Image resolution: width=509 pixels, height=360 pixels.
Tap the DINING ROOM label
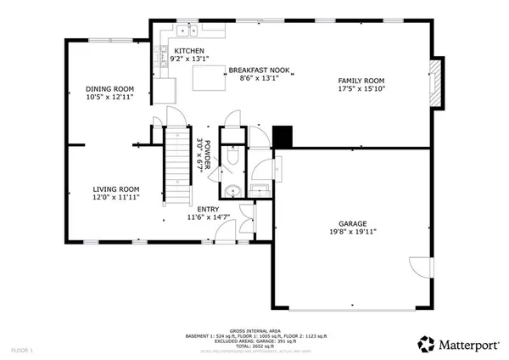110,89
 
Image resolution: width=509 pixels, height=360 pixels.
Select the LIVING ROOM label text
115,189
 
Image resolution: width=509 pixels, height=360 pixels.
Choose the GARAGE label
352,222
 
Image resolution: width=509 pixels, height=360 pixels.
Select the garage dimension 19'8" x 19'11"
352,231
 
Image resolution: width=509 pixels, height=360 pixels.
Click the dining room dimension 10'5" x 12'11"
110,98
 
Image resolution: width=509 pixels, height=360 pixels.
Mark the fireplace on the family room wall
436,83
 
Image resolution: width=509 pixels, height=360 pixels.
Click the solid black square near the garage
282,136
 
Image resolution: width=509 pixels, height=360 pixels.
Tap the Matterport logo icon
426,344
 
